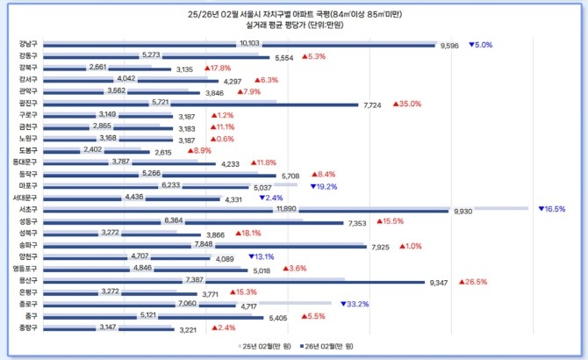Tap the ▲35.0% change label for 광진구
[407, 103]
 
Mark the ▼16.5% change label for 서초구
[551, 209]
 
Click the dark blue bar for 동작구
[158, 176]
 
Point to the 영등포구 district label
[25, 269]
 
